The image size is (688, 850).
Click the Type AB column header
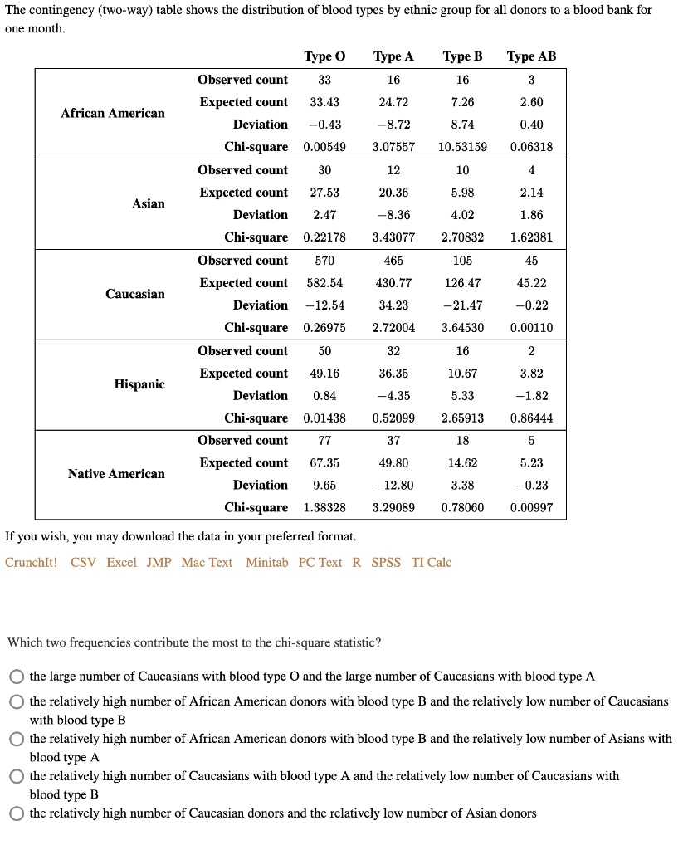pos(531,56)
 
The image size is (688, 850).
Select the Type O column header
pos(324,56)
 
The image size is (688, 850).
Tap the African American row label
pos(113,113)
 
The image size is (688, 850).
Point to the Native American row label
pos(116,474)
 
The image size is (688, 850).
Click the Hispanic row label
pos(139,384)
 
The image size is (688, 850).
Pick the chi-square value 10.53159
pos(462,147)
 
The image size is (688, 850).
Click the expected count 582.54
pos(324,283)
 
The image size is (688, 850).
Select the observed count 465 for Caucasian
pos(393,261)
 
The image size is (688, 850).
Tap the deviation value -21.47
pos(462,305)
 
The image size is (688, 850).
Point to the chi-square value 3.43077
pos(393,237)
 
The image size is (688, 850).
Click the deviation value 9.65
pos(324,485)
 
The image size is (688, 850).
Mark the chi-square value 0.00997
pos(531,507)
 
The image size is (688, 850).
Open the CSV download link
pos(84,563)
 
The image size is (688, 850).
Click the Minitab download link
pos(267,563)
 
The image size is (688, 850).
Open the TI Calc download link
pos(432,563)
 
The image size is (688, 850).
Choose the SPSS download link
pos(386,563)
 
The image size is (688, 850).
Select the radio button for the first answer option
pos(17,677)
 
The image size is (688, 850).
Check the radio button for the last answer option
pos(17,813)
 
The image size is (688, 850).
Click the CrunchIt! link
pos(32,563)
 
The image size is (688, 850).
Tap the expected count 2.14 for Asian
pos(531,193)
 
